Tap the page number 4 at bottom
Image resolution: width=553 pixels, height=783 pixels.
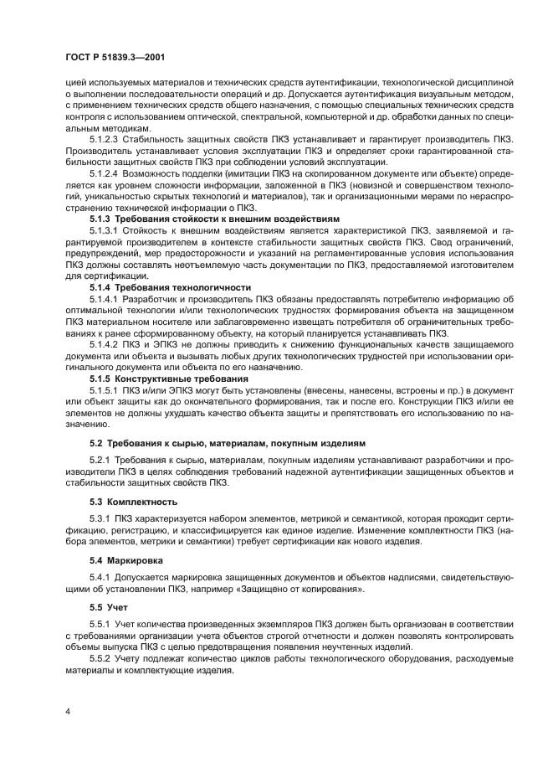tap(68, 709)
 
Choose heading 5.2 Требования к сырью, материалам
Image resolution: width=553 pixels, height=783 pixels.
tap(227, 442)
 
